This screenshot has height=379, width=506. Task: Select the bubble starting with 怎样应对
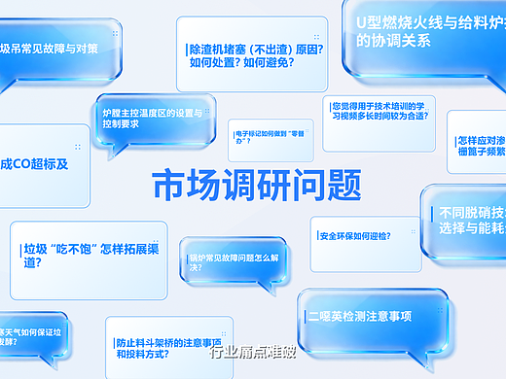[x=477, y=143]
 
